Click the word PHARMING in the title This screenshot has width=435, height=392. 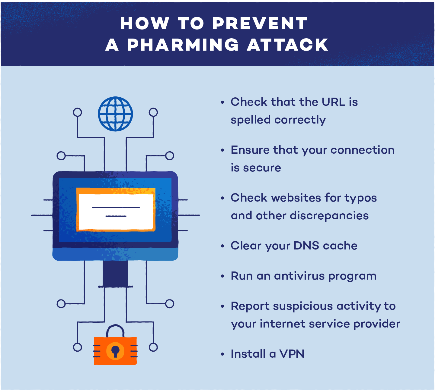click(x=183, y=45)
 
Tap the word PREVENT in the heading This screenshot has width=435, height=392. click(x=260, y=23)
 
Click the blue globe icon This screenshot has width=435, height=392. click(x=115, y=114)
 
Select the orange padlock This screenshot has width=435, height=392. click(x=115, y=350)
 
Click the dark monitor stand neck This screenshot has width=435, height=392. click(x=115, y=273)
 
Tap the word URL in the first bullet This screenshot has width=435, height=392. click(x=333, y=102)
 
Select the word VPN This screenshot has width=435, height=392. click(x=292, y=354)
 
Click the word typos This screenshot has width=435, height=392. click(x=361, y=198)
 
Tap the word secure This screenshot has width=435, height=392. click(x=262, y=168)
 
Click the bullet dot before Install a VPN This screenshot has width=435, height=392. click(x=222, y=354)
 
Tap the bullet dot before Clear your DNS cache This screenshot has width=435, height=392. click(x=222, y=246)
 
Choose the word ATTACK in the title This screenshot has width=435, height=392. click(x=287, y=45)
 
